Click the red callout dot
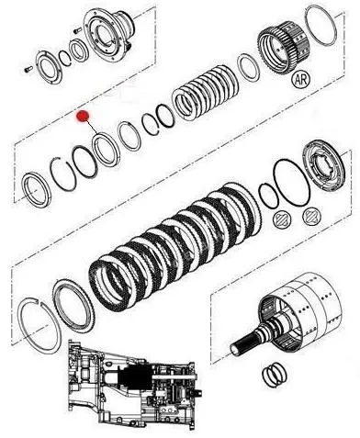[x=83, y=116]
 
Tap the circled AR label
[x=301, y=79]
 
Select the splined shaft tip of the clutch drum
[x=242, y=346]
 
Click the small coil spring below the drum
[x=275, y=375]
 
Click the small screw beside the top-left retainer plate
[x=28, y=70]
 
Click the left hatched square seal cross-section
[x=282, y=219]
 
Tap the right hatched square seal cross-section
[x=311, y=217]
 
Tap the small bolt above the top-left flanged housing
[x=77, y=30]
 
